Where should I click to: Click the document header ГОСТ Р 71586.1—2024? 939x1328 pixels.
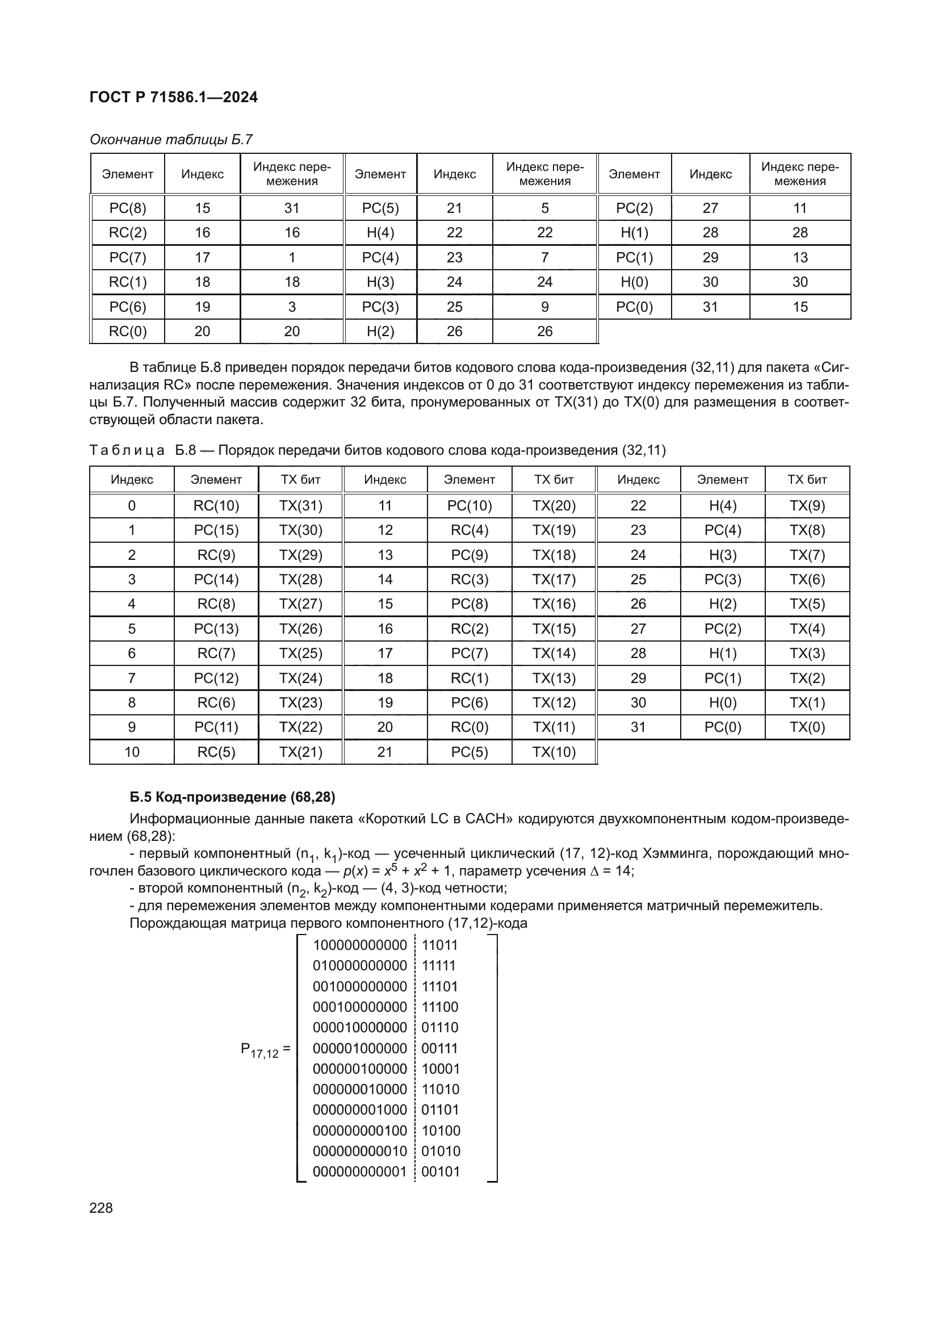(174, 97)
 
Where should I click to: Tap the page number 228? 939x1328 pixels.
(101, 1208)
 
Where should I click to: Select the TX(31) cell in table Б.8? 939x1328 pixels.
(301, 505)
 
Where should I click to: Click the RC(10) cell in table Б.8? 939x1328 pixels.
(216, 505)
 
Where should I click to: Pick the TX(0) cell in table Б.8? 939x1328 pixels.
(807, 727)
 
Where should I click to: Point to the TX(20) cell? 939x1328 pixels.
(554, 505)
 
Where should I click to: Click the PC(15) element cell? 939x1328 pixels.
(216, 530)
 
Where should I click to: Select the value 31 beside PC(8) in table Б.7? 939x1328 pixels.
(291, 208)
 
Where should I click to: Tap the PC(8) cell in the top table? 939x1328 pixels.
(128, 208)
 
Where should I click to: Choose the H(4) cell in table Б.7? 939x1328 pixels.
(380, 233)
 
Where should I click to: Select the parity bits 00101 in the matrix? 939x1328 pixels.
(441, 1172)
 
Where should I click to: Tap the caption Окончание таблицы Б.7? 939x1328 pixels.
(171, 140)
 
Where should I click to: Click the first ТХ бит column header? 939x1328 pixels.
(301, 480)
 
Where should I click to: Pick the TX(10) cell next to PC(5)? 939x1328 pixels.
(554, 752)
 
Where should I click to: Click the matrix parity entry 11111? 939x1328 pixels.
(439, 965)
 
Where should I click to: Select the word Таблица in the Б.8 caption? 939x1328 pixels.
(127, 450)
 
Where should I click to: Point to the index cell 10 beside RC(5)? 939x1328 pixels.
(132, 752)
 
